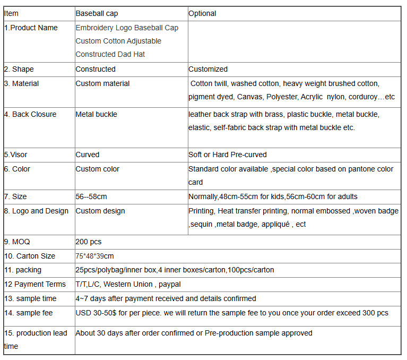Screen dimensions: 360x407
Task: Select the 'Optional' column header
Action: point(202,13)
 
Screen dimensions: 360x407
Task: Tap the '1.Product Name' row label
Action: point(31,28)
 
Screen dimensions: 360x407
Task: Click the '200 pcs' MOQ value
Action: point(88,242)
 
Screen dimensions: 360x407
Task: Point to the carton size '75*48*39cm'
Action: point(94,256)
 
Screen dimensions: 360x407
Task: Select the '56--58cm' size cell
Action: point(91,197)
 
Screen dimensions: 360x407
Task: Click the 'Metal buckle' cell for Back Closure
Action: point(96,114)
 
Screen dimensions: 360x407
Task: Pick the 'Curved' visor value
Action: point(87,155)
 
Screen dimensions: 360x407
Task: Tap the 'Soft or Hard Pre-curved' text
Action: point(228,155)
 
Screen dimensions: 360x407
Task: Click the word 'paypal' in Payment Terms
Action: point(169,284)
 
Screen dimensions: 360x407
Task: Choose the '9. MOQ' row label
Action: point(17,242)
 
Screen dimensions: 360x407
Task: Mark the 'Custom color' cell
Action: point(97,169)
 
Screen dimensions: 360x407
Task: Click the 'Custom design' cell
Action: point(100,211)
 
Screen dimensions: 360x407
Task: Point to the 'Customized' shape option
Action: point(208,69)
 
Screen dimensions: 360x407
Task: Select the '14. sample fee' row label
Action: point(28,313)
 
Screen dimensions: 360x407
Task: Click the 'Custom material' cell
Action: point(102,83)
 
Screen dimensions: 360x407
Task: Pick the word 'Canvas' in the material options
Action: point(249,97)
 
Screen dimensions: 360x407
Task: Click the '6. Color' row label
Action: point(17,169)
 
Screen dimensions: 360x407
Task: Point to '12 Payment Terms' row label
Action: point(35,284)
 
